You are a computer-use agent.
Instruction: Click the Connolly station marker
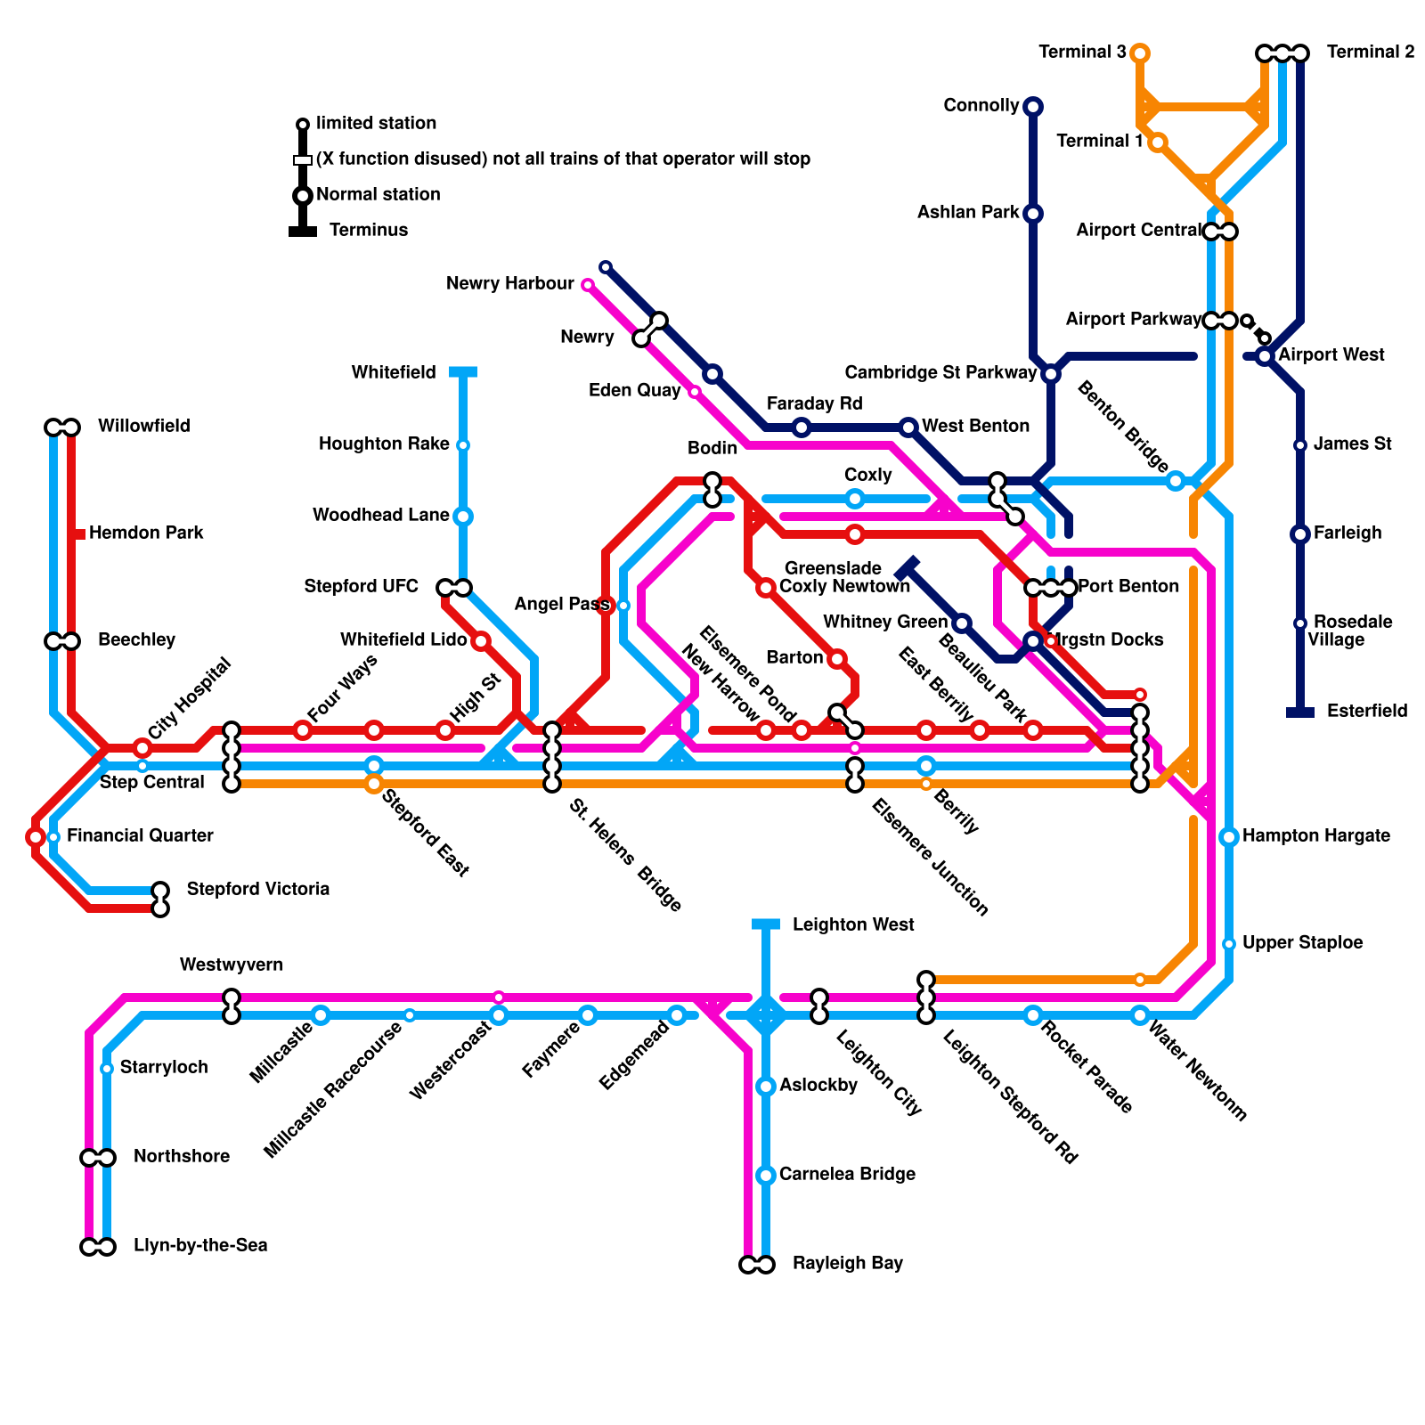click(x=1033, y=107)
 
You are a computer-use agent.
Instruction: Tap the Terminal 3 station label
click(x=1082, y=53)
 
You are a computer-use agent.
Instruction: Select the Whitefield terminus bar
click(x=463, y=371)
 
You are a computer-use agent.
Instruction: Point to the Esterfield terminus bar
click(x=1300, y=712)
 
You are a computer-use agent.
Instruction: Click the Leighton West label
click(x=853, y=925)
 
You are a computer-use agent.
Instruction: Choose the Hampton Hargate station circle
click(x=1229, y=837)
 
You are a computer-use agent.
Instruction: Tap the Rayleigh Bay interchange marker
click(x=757, y=1265)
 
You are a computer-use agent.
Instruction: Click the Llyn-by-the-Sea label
click(x=200, y=1246)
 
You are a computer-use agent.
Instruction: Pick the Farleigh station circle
click(x=1300, y=534)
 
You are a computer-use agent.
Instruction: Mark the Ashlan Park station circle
click(x=1033, y=214)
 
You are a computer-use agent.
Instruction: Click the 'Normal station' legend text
click(x=379, y=195)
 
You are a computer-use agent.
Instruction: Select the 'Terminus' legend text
click(x=369, y=231)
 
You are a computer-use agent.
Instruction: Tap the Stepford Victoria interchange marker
click(x=160, y=900)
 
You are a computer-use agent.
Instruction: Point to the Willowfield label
click(x=144, y=427)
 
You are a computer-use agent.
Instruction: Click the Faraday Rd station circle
click(x=802, y=427)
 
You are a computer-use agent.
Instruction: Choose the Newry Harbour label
click(x=510, y=284)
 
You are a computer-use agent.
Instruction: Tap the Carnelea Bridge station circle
click(x=766, y=1176)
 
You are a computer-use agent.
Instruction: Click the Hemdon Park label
click(x=147, y=533)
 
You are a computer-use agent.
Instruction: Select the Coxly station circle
click(x=855, y=499)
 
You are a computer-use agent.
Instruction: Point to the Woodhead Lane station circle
click(x=463, y=517)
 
